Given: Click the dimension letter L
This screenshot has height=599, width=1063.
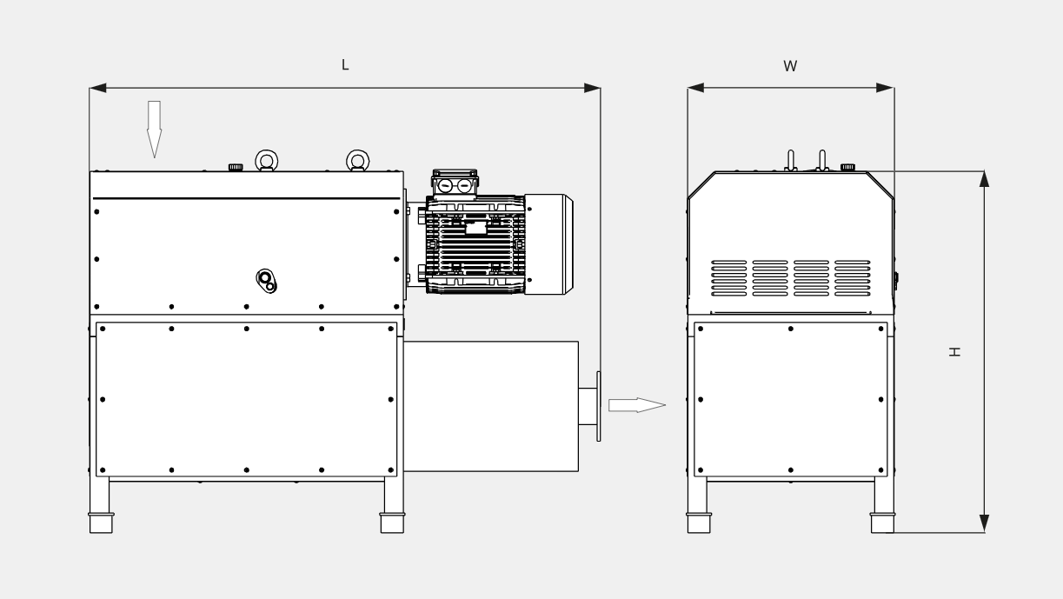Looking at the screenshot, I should pyautogui.click(x=345, y=65).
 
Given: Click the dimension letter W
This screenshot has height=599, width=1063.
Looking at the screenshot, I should pyautogui.click(x=790, y=66).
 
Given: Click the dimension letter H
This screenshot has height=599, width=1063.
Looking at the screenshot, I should pyautogui.click(x=954, y=351).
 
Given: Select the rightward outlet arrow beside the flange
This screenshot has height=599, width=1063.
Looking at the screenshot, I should pyautogui.click(x=636, y=405).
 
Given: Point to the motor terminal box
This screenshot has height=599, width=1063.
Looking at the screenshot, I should pyautogui.click(x=455, y=185).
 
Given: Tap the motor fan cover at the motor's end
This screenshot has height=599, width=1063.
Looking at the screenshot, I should pyautogui.click(x=548, y=244).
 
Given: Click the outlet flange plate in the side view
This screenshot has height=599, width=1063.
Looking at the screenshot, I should pyautogui.click(x=598, y=405).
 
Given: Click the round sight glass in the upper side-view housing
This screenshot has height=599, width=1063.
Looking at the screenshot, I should pyautogui.click(x=267, y=280).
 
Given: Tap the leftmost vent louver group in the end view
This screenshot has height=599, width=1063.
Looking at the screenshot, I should pyautogui.click(x=728, y=277).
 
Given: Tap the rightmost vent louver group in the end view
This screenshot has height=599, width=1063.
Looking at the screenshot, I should pyautogui.click(x=852, y=277).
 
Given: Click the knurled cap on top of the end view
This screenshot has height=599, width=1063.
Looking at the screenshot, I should pyautogui.click(x=847, y=167).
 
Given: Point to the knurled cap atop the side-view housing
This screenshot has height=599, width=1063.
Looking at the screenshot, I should pyautogui.click(x=235, y=167).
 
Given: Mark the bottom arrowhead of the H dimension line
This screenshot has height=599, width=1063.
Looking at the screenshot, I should pyautogui.click(x=984, y=522).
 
